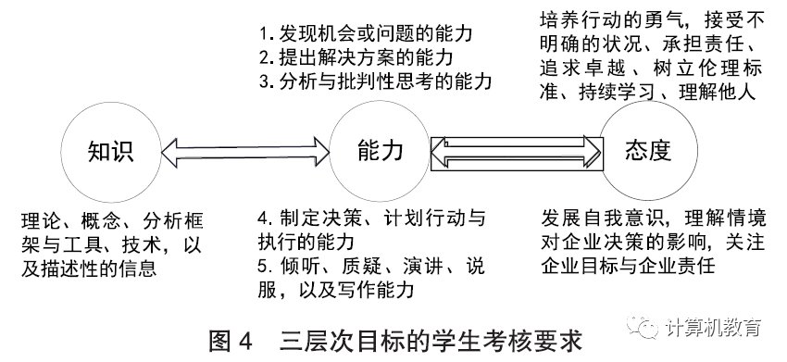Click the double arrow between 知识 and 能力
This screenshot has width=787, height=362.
tap(245, 151)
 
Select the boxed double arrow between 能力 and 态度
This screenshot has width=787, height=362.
tap(517, 153)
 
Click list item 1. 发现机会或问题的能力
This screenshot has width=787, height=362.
tap(366, 33)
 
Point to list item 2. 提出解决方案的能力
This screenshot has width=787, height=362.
tap(356, 57)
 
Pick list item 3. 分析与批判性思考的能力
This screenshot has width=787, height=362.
tap(375, 81)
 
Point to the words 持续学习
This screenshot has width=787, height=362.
tap(617, 93)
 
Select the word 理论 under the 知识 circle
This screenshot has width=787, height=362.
tap(41, 221)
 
